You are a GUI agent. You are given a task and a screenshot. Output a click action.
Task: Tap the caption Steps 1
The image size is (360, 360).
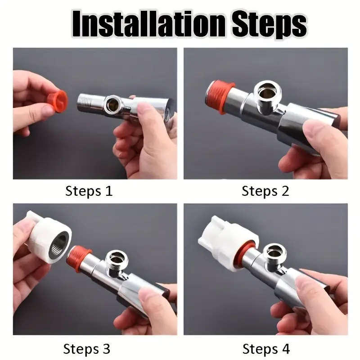89,191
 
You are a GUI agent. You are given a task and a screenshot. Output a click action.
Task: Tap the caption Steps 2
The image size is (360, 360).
265,191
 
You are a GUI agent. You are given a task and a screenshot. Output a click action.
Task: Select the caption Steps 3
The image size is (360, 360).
87,348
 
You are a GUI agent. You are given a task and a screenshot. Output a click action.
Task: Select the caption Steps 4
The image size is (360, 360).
266,348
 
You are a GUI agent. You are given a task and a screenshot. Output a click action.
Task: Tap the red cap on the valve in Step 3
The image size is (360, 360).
78,259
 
